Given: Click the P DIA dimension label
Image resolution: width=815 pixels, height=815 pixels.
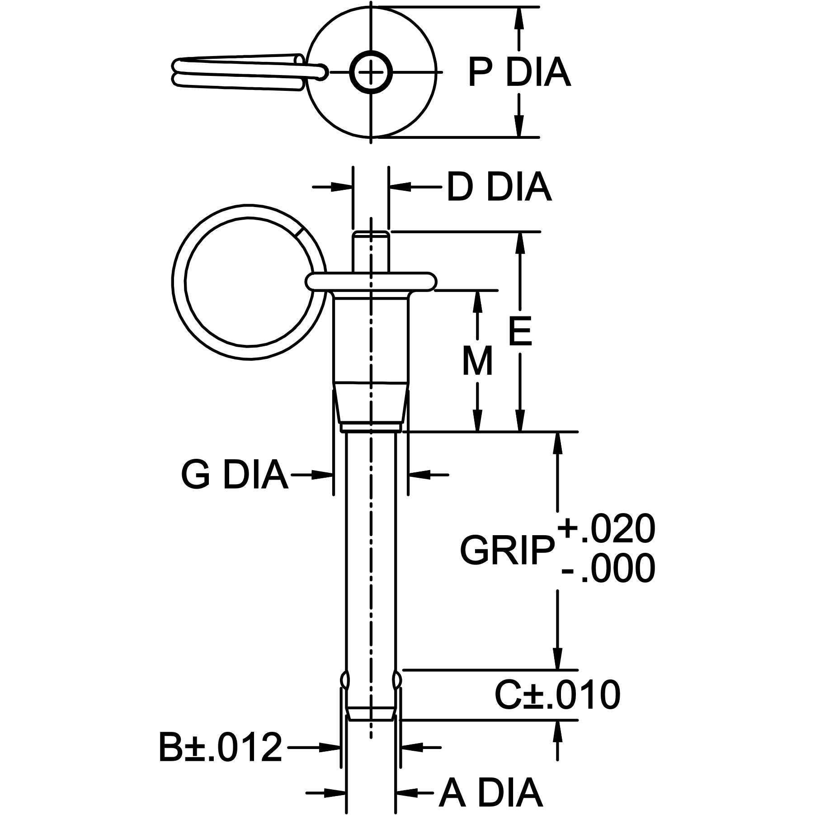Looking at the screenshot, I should (x=519, y=72).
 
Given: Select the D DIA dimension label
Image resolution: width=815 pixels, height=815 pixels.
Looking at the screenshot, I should (x=499, y=187).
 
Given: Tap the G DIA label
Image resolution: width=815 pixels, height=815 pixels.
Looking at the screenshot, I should (x=234, y=475).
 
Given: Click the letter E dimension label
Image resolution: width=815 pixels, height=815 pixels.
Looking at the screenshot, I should (x=520, y=332).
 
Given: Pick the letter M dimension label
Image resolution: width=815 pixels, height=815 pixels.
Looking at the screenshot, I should (x=477, y=362).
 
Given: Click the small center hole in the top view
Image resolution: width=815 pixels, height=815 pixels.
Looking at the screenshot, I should (x=371, y=72).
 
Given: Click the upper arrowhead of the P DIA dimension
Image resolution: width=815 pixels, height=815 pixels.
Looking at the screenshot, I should (x=519, y=18).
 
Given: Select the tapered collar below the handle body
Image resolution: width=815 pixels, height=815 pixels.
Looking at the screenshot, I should (x=371, y=402).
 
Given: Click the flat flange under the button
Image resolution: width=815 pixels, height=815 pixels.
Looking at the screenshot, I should (x=371, y=281).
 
